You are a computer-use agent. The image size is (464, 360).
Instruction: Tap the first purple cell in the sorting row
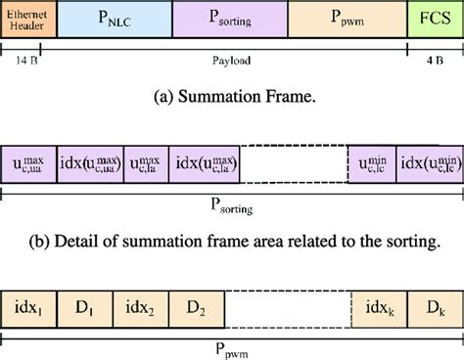pos(29,161)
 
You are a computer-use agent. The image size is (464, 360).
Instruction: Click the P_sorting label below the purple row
pos(232,207)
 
